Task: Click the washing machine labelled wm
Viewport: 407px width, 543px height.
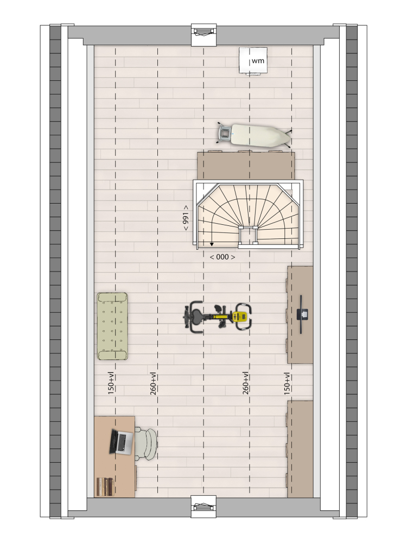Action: pyautogui.click(x=253, y=61)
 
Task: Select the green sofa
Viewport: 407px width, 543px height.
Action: pyautogui.click(x=112, y=326)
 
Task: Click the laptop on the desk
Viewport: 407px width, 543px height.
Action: pyautogui.click(x=122, y=441)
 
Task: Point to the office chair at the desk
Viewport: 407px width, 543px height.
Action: pyautogui.click(x=145, y=444)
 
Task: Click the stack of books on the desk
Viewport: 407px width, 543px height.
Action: pyautogui.click(x=105, y=486)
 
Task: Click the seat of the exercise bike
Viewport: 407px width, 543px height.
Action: pyautogui.click(x=196, y=316)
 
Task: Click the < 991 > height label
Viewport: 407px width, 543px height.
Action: pyautogui.click(x=186, y=218)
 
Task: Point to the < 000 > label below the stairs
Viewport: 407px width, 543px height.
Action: pyautogui.click(x=222, y=257)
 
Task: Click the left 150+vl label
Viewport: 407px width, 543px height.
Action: pyautogui.click(x=111, y=384)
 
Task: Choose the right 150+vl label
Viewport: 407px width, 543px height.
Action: pyautogui.click(x=287, y=384)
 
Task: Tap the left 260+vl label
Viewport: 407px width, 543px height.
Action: pyautogui.click(x=154, y=384)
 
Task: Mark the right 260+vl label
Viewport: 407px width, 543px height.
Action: pyautogui.click(x=245, y=383)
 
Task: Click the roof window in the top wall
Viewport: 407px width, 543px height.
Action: pyautogui.click(x=204, y=34)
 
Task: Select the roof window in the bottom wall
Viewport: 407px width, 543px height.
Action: pyautogui.click(x=204, y=508)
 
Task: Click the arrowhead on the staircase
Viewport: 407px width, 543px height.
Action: pyautogui.click(x=212, y=244)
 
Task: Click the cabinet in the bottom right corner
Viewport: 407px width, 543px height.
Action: pyautogui.click(x=300, y=449)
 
